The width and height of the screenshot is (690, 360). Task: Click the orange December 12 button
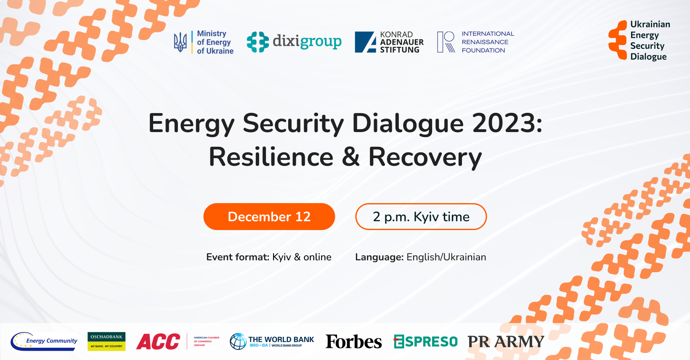coord(269,217)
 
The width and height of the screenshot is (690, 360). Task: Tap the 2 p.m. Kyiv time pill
coord(421,217)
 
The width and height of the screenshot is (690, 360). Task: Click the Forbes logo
coord(354,341)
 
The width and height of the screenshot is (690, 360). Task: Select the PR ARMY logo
coord(506,341)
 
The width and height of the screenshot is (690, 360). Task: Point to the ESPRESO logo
coord(425,341)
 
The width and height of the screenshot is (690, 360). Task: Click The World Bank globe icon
coord(238,341)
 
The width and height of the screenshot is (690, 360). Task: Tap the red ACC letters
coord(158,341)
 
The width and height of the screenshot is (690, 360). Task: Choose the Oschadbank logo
coord(106,341)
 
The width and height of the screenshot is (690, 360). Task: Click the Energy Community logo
coord(44,341)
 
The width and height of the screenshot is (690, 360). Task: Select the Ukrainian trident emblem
coord(180,42)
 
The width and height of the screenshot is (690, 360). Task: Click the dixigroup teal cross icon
coord(257,42)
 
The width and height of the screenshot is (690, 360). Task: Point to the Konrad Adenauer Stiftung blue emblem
coord(365,42)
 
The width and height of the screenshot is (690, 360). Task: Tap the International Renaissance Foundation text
coord(487,42)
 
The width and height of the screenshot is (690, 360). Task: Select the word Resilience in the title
coord(271,157)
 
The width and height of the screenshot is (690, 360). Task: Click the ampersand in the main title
coord(351,157)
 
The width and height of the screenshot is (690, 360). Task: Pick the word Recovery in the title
coord(425,157)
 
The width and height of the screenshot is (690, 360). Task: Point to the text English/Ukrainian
coord(446,257)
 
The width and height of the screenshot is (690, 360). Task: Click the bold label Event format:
coord(238,257)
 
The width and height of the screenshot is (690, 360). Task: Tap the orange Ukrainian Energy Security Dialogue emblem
coord(618,40)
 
